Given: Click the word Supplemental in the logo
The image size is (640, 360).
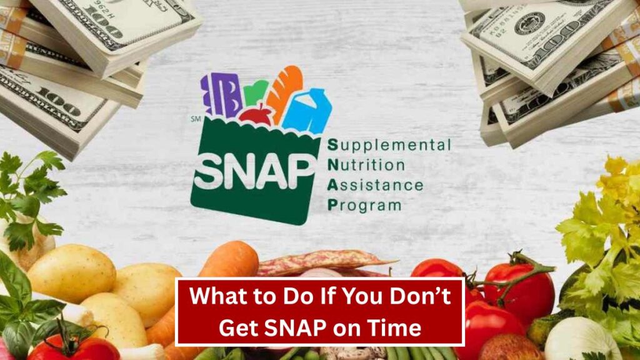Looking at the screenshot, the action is pyautogui.click(x=389, y=145).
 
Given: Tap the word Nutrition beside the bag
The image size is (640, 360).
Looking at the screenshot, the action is pyautogui.click(x=366, y=165).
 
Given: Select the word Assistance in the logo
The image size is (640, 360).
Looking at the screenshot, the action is pyautogui.click(x=375, y=185).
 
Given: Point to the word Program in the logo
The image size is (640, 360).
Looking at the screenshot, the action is pyautogui.click(x=364, y=205).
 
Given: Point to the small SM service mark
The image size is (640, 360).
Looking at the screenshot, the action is pyautogui.click(x=196, y=119).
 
